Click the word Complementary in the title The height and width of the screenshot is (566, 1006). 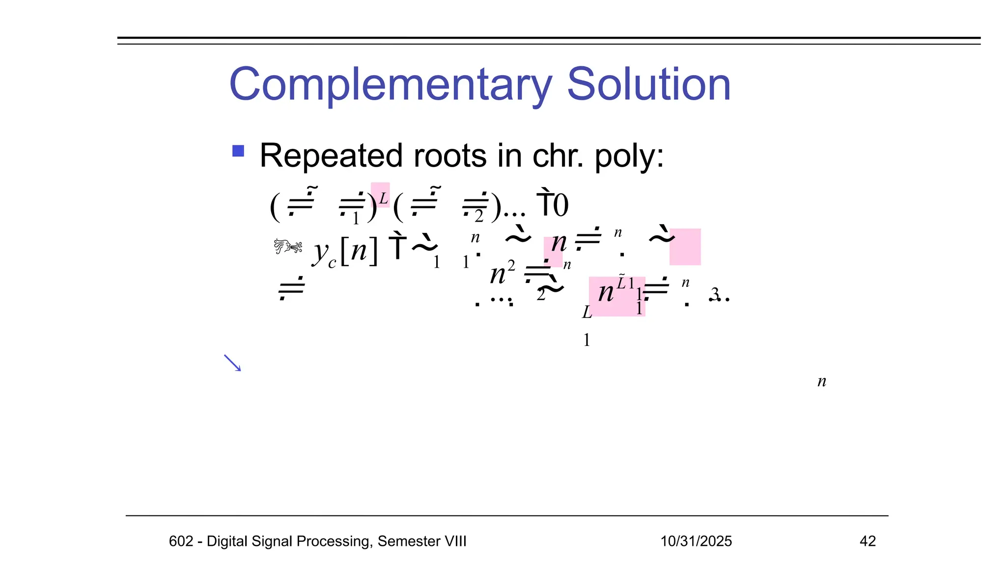391,85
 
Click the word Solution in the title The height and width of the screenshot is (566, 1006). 648,85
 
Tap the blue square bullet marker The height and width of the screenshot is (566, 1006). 238,151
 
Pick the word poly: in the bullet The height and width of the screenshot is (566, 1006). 629,157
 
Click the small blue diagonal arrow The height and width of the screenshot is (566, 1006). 232,363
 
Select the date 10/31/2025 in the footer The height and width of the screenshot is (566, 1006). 696,541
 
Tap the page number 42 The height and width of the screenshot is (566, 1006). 867,541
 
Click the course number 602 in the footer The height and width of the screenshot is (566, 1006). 181,541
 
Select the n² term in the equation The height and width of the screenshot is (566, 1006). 502,274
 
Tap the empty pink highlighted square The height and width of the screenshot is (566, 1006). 685,247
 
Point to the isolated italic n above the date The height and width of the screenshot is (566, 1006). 822,382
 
